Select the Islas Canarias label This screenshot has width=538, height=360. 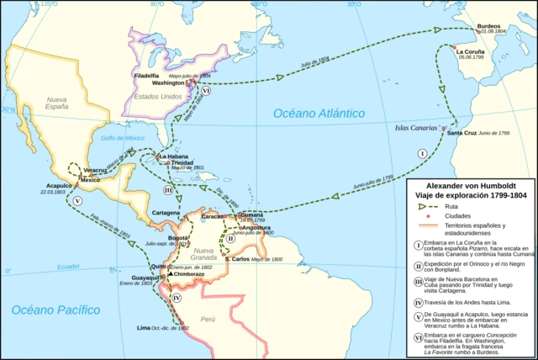[418, 129]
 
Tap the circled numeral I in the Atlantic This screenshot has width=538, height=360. [423, 153]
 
